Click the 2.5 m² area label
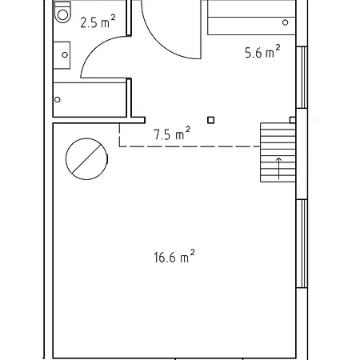point(98,22)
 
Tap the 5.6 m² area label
point(262,52)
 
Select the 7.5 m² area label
point(172,134)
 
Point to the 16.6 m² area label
point(174,257)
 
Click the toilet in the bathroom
point(62,12)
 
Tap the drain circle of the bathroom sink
point(65,55)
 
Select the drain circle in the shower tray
point(58,99)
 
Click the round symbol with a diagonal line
point(86,159)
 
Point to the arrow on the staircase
point(278,169)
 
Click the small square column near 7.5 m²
point(210,120)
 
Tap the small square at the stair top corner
point(293,120)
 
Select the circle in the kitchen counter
point(285,22)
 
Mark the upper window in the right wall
point(302,78)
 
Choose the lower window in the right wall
point(302,244)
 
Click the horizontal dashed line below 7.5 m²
point(190,146)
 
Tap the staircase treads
point(278,153)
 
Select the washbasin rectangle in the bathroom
point(62,55)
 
